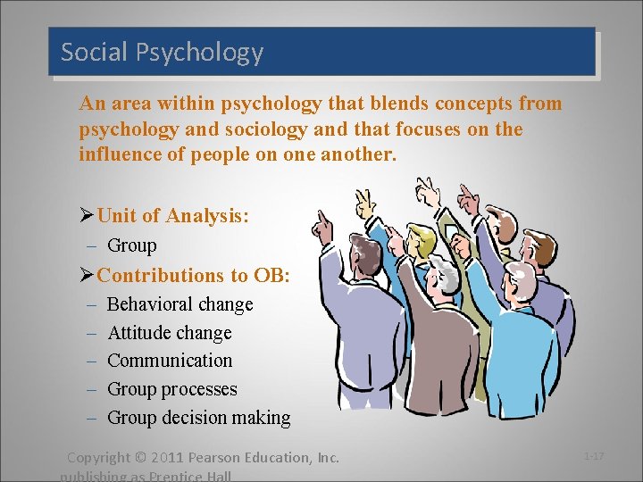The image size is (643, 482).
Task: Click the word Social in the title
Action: pyautogui.click(x=94, y=52)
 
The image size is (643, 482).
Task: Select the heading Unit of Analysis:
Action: pyautogui.click(x=172, y=216)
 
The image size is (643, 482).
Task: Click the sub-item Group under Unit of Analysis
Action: pyautogui.click(x=131, y=245)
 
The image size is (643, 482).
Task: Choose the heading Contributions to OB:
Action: pyautogui.click(x=193, y=275)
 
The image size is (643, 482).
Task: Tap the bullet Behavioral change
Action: pyautogui.click(x=180, y=304)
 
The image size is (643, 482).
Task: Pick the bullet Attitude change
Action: pyautogui.click(x=169, y=333)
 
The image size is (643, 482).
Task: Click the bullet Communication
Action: pyautogui.click(x=170, y=361)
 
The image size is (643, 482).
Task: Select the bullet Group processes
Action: pyautogui.click(x=171, y=389)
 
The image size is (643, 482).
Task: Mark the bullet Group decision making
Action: pyautogui.click(x=198, y=418)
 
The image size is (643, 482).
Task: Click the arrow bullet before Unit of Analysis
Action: pyautogui.click(x=87, y=216)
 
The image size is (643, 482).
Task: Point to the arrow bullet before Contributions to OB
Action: pyautogui.click(x=87, y=275)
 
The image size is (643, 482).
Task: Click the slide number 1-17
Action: pyautogui.click(x=593, y=456)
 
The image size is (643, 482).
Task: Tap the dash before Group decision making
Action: pyautogui.click(x=93, y=418)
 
